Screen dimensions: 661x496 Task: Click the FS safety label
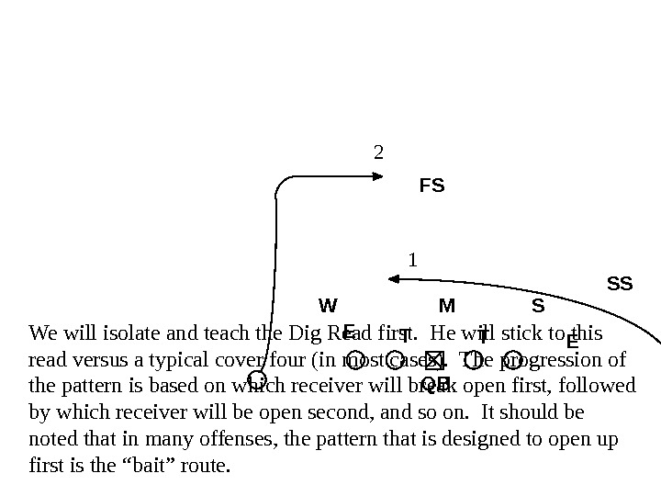click(431, 186)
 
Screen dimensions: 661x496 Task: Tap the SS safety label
click(621, 284)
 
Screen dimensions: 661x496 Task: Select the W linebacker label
click(328, 304)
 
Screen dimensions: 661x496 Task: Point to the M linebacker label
click(447, 304)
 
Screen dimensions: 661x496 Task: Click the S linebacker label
click(538, 304)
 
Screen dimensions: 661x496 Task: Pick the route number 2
click(377, 151)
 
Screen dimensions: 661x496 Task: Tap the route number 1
click(413, 260)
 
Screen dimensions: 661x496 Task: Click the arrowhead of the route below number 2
click(379, 176)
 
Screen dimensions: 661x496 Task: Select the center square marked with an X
click(434, 358)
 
